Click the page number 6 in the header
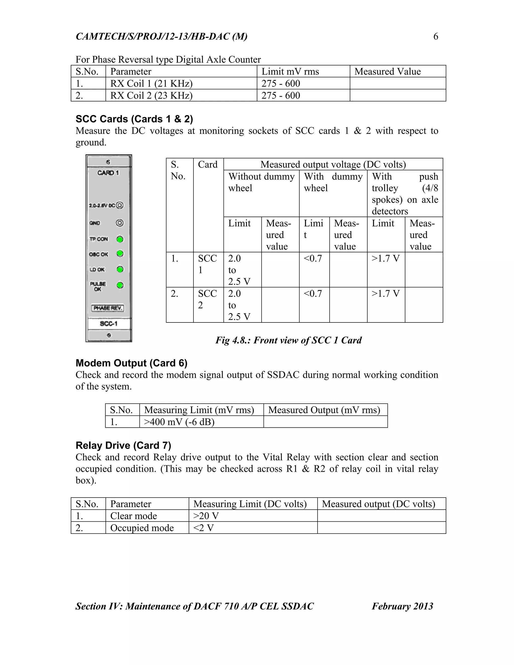point(435,37)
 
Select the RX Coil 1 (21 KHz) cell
point(151,83)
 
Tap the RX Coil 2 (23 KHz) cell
point(151,96)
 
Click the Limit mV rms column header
point(290,72)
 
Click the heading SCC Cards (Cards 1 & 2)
point(134,119)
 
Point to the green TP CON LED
point(120,239)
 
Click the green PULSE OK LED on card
point(120,285)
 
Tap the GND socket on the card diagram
point(120,223)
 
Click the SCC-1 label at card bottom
point(108,324)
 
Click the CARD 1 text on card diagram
point(108,173)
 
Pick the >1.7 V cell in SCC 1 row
point(385,259)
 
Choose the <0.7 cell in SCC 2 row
point(313,294)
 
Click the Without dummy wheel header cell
point(261,182)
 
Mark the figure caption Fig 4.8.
point(288,340)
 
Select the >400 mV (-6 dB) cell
point(179,422)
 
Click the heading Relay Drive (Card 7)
point(123,445)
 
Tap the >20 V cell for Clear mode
point(206,516)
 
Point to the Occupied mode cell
point(142,528)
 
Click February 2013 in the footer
point(402,606)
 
